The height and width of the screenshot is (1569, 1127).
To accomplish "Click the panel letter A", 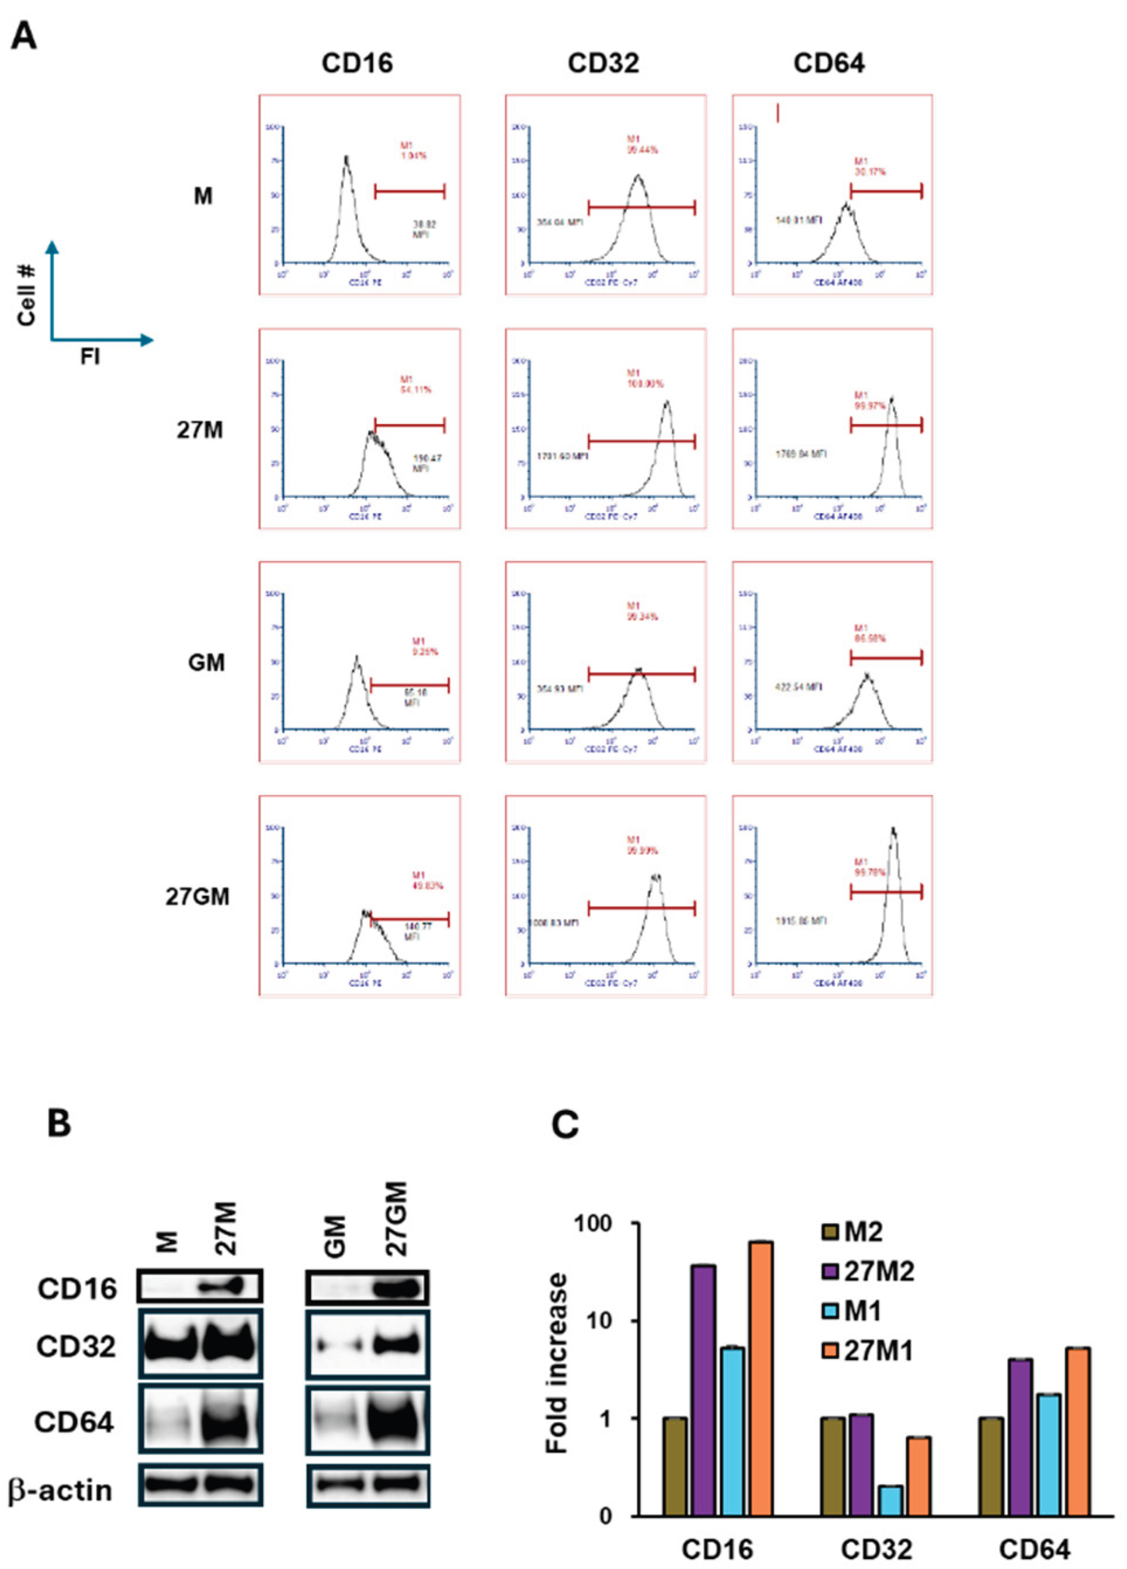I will [24, 34].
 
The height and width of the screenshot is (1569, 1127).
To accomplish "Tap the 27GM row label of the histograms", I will [197, 896].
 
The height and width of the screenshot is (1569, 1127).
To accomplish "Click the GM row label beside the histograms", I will [206, 663].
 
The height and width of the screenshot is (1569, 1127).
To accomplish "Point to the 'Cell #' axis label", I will [27, 294].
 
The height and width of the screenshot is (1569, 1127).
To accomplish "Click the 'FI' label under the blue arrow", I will [90, 357].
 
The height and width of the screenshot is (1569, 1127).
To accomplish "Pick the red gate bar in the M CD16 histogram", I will [410, 192].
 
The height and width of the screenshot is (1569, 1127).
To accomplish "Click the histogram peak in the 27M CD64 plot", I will [892, 401].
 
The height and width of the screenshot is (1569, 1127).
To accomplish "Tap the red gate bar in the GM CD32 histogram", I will [641, 674].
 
